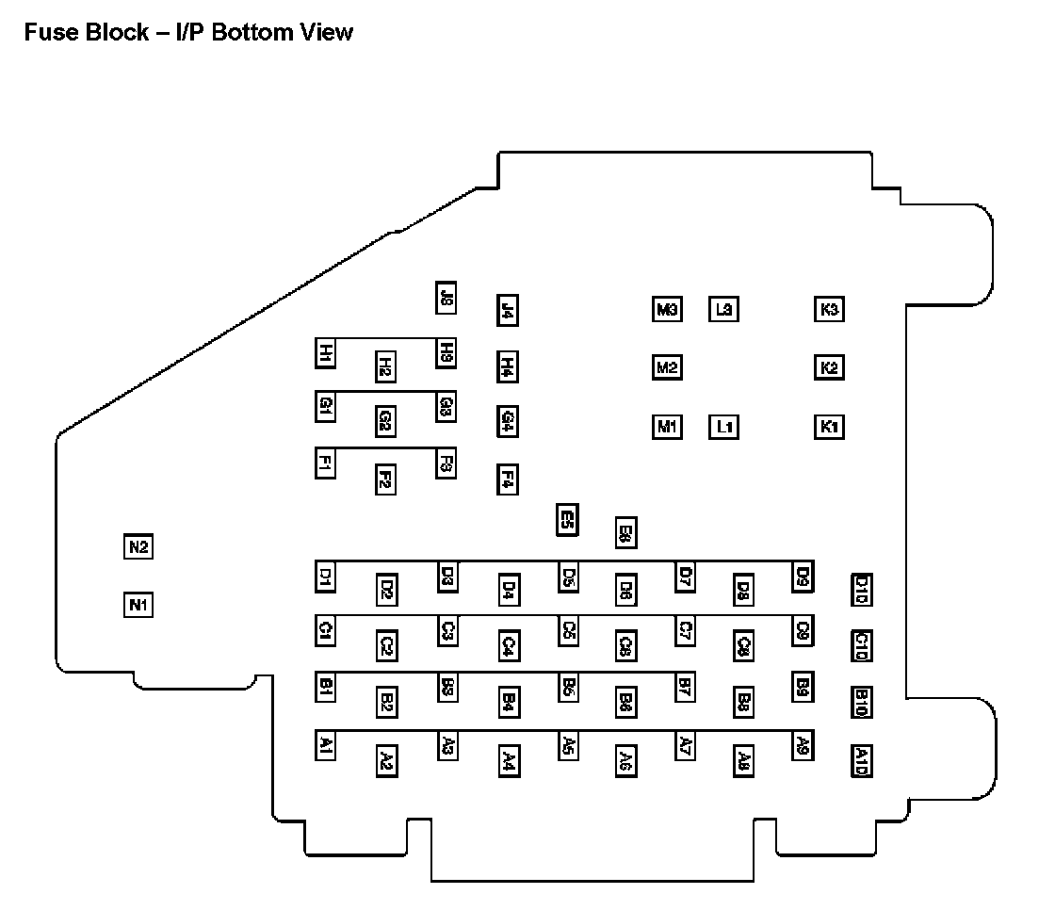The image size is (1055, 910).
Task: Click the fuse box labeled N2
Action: tap(138, 546)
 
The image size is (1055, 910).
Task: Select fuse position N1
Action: tap(138, 604)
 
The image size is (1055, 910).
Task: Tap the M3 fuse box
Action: tap(667, 309)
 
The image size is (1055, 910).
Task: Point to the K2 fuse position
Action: tap(829, 367)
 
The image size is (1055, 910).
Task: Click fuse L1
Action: tap(723, 427)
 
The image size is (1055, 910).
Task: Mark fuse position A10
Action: tap(861, 759)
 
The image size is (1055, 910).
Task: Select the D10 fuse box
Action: tap(861, 589)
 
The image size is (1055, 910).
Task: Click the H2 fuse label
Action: tap(385, 366)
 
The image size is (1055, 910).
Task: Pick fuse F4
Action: tap(507, 479)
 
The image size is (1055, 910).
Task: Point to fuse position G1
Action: tap(325, 406)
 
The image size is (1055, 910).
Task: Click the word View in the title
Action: tap(324, 32)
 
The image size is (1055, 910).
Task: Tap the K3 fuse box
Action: tap(829, 309)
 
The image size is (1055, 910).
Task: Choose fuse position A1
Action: tap(325, 746)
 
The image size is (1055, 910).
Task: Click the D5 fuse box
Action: tap(568, 577)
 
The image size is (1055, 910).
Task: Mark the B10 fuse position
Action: tap(861, 702)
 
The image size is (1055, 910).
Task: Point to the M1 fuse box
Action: tap(667, 427)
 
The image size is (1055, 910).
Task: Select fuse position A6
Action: tap(625, 759)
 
